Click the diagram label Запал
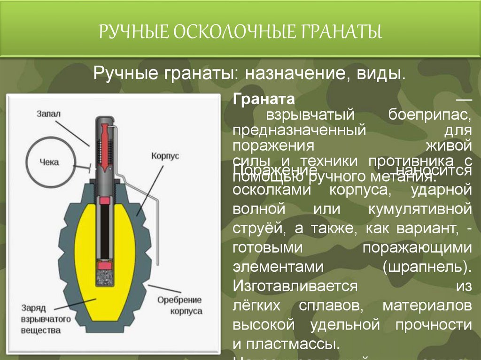(x=49, y=114)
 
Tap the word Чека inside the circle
(x=49, y=162)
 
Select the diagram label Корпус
(x=165, y=156)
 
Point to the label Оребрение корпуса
(x=179, y=305)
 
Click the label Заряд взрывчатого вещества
(x=45, y=319)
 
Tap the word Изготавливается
(x=295, y=286)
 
